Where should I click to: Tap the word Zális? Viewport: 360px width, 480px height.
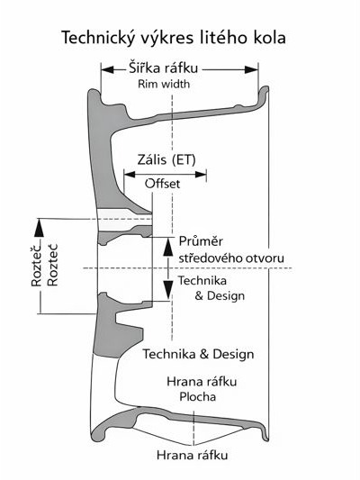coord(152,160)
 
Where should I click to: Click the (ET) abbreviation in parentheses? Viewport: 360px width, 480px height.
coord(187,160)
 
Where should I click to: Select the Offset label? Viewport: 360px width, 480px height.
coord(163,183)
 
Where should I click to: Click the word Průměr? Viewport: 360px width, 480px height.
coord(201,242)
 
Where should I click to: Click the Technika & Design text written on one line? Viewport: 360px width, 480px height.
coord(198,353)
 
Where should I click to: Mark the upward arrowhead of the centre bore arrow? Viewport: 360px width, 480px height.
coord(168,240)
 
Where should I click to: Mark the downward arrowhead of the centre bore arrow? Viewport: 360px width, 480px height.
coord(168,294)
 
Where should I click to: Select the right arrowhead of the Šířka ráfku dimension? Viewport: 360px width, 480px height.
coord(255,68)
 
